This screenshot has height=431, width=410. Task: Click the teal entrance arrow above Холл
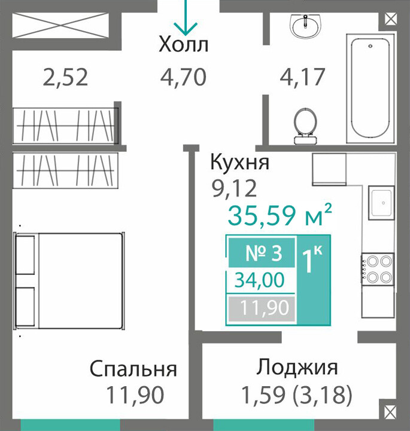tap(186, 18)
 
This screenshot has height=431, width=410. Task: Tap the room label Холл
tap(184, 44)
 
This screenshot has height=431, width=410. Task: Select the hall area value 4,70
tap(183, 77)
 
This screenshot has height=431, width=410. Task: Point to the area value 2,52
tap(65, 77)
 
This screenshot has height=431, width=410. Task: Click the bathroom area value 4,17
tap(302, 77)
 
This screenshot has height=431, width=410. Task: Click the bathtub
tap(370, 88)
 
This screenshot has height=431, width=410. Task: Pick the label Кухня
tap(239, 162)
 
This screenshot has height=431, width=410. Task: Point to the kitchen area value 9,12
tap(234, 188)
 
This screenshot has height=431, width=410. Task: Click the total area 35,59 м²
tap(280, 215)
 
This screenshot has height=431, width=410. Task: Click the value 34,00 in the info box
tap(260, 280)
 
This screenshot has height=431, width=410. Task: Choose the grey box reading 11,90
tap(262, 308)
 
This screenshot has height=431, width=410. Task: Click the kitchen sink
tap(382, 203)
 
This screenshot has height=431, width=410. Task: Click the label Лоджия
tap(297, 368)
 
